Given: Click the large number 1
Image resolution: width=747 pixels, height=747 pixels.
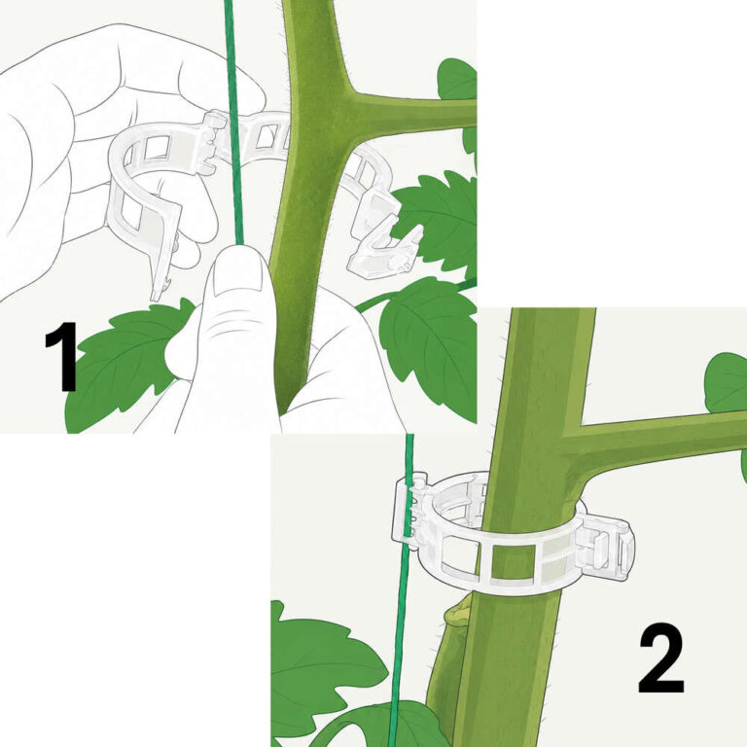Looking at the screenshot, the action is pos(62,356).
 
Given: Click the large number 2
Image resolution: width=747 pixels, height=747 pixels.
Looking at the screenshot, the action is pos(660,660).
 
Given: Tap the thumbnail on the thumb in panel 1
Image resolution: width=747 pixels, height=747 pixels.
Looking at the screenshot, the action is pos(236,274).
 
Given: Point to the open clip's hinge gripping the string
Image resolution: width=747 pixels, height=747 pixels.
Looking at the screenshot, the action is pos(213,140).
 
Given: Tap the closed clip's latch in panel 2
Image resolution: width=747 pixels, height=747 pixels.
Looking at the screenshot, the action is pos(605,548).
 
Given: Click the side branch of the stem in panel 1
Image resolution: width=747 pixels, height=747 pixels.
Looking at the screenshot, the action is pos(409,112).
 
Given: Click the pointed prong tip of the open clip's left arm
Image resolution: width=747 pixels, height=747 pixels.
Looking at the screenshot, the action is pos(156,297).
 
